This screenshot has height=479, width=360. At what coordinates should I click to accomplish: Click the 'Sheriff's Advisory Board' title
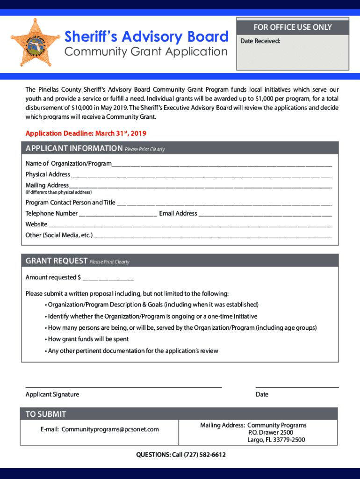point(146,36)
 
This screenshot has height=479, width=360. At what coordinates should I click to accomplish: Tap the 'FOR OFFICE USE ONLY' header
point(292,27)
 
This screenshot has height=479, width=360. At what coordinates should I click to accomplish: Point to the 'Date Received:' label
point(260,41)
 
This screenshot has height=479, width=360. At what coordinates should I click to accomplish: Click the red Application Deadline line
point(86,134)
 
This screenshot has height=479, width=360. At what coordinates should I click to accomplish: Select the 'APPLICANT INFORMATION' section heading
point(74,149)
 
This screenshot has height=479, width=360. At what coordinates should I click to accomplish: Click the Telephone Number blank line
point(118,215)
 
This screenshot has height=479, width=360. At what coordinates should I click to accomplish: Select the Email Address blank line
point(265,215)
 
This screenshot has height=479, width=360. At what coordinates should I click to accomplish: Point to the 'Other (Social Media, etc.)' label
point(59,235)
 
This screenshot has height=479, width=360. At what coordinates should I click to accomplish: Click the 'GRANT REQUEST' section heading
point(57,261)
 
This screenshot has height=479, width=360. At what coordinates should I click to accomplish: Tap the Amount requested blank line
point(108,279)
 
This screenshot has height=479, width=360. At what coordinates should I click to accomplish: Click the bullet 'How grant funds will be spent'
point(88,339)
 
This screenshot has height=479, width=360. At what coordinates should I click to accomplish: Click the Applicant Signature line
point(123,386)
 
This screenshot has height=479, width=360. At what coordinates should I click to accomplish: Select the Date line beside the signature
point(297,386)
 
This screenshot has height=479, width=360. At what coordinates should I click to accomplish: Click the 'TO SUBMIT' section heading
point(46,414)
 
